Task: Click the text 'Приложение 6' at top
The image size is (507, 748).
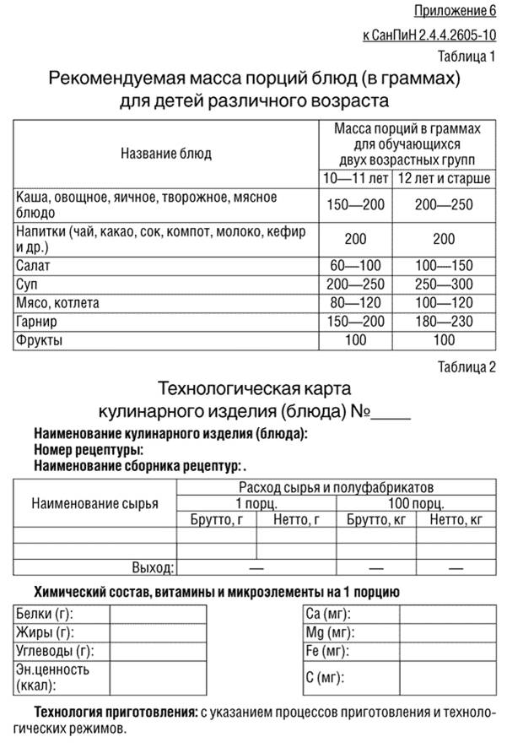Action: (455, 11)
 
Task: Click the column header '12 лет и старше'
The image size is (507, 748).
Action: (444, 178)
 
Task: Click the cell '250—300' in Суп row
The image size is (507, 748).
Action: (444, 284)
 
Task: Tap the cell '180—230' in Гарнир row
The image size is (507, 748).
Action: (444, 322)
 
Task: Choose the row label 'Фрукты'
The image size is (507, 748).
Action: (40, 340)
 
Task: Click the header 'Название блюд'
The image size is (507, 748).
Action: (166, 154)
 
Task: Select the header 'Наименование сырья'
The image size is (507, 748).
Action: (94, 504)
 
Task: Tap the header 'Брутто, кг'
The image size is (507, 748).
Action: (376, 519)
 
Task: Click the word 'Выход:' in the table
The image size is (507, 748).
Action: (153, 567)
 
